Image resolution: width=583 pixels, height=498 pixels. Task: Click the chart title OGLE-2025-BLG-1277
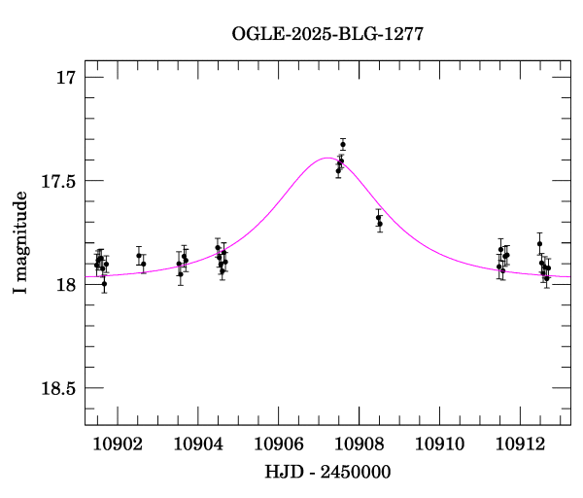coord(327,34)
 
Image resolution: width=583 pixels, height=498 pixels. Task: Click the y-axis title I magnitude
coord(19,242)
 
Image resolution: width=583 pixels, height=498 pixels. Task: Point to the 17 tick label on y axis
coord(65,77)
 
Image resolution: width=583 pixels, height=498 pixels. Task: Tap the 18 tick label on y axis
coord(65,284)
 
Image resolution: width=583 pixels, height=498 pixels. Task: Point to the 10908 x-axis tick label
coord(359,444)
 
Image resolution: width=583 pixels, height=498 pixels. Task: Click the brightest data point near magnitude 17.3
coord(343,144)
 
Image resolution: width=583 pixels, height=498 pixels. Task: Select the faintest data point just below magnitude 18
coord(104,283)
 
